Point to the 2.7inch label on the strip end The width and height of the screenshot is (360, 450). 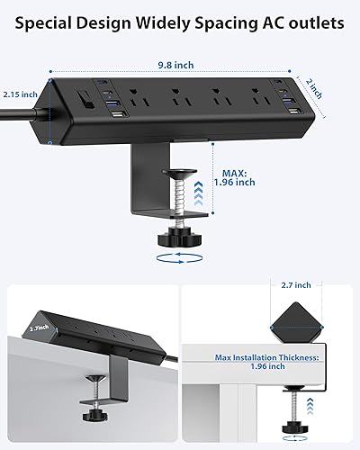coord(38,330)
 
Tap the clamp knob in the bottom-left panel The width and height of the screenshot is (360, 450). coord(96,429)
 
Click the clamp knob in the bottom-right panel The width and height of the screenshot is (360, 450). coord(297,428)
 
